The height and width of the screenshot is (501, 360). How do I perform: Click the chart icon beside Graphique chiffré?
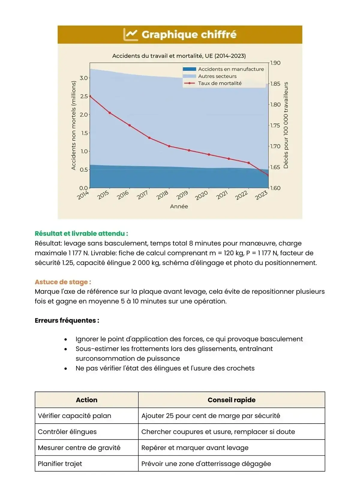[130, 34]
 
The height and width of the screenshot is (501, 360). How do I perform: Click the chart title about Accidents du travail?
[179, 56]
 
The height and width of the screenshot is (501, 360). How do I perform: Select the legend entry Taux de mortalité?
[220, 83]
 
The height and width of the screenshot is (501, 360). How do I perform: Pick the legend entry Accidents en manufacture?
[231, 69]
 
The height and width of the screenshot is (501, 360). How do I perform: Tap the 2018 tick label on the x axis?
[162, 195]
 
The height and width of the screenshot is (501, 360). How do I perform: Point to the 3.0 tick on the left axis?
[84, 78]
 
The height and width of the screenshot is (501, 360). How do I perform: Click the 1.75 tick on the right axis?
[275, 125]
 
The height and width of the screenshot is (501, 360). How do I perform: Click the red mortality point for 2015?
[110, 113]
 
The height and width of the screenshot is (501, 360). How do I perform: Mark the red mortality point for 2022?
[249, 163]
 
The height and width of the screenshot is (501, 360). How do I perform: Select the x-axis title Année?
[179, 206]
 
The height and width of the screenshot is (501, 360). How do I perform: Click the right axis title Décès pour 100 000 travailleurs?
[286, 125]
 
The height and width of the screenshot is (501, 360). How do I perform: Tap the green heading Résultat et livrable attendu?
[81, 233]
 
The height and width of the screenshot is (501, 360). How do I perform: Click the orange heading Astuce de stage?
[63, 282]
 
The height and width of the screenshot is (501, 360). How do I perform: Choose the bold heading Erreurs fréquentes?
[67, 320]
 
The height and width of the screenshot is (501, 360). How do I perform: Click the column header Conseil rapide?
[231, 400]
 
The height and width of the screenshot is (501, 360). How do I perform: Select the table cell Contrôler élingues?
[67, 432]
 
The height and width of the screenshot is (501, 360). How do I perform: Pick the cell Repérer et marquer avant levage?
[195, 448]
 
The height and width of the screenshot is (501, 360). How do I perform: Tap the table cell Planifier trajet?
[60, 463]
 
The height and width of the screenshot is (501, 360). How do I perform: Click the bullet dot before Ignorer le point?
[66, 339]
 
